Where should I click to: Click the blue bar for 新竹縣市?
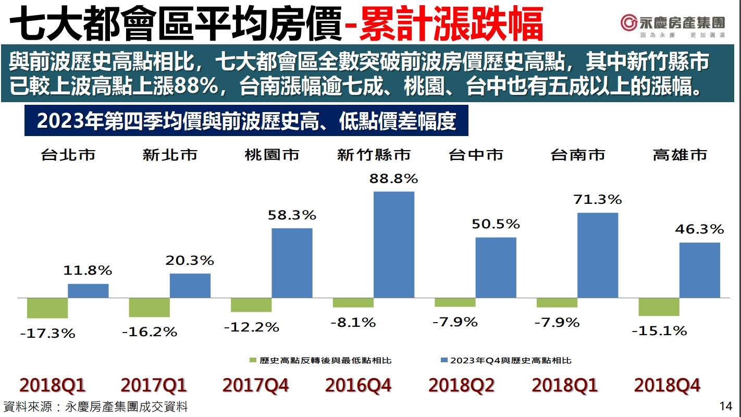[394, 244]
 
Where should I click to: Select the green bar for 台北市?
[47, 308]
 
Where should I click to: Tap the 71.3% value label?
[598, 199]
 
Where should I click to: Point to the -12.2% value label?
[252, 327]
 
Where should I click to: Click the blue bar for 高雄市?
[700, 270]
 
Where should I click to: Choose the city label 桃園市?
[271, 155]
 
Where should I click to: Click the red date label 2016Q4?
[358, 386]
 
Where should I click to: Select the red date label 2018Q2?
[461, 386]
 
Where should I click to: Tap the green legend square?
[253, 361]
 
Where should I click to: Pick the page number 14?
[725, 406]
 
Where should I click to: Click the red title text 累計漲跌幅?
[451, 24]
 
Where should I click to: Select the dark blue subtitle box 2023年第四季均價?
[246, 121]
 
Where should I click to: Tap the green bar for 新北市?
[149, 308]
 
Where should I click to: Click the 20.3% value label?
[190, 260]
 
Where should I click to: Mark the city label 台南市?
[578, 155]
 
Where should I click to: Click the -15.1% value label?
[659, 330]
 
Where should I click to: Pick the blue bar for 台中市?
[496, 267]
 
